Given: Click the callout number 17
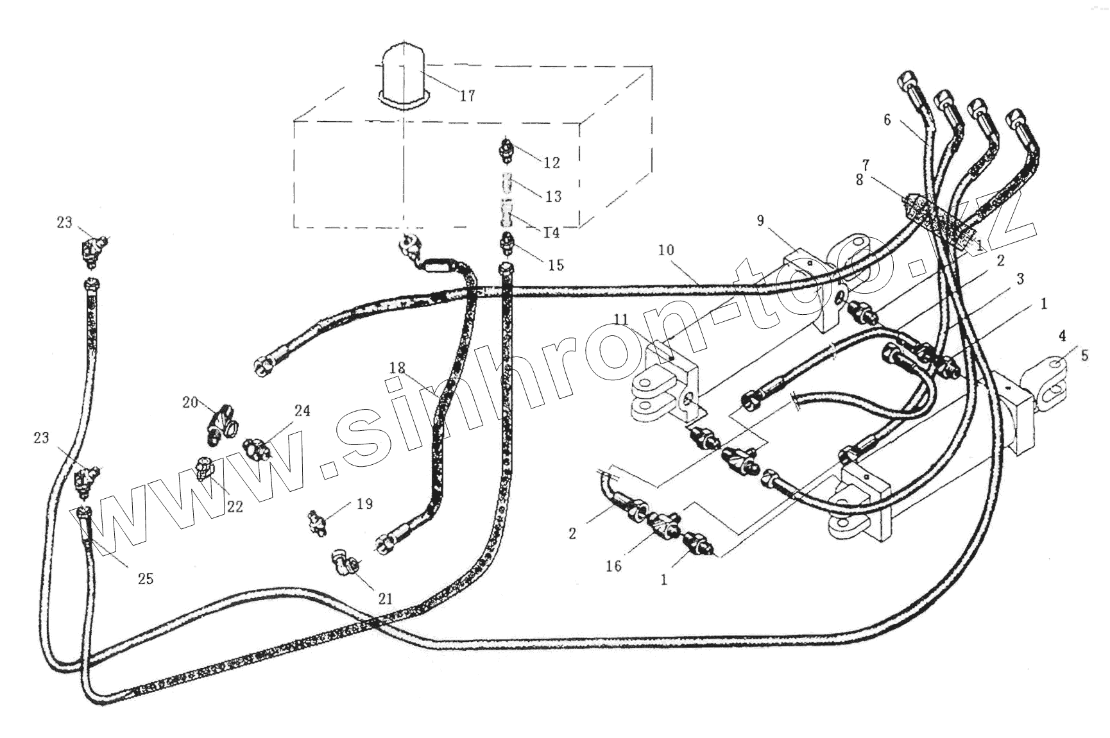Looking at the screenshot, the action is (x=467, y=96).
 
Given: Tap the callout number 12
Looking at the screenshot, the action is (x=552, y=163).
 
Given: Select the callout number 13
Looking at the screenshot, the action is (x=553, y=196).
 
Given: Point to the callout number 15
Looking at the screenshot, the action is (x=556, y=265).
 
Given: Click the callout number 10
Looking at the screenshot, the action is (x=666, y=249).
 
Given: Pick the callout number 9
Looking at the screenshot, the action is (x=760, y=221).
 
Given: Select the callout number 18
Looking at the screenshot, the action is (x=397, y=368).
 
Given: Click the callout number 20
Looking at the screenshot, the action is (x=190, y=402).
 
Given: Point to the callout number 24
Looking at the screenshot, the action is (x=302, y=410).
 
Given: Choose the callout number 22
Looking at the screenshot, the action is (x=235, y=506).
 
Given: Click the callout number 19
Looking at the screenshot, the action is (x=364, y=504).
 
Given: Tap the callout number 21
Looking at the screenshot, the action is (x=385, y=599).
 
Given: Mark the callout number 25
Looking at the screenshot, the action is (x=146, y=578).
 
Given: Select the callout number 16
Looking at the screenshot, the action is (x=614, y=566).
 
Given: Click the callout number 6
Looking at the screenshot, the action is (x=887, y=120).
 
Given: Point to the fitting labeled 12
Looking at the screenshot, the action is (x=506, y=151).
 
